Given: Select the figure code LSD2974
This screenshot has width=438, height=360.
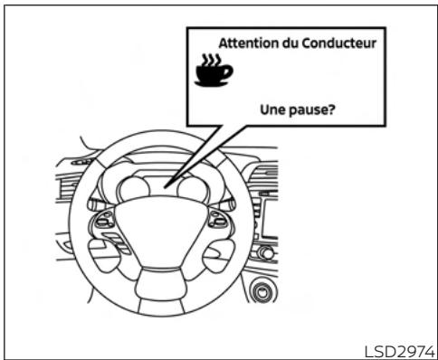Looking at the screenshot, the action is [398, 347].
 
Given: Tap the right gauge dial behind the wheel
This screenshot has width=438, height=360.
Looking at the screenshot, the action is [194, 188].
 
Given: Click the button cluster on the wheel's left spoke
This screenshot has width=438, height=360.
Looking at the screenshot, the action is [106, 230].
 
